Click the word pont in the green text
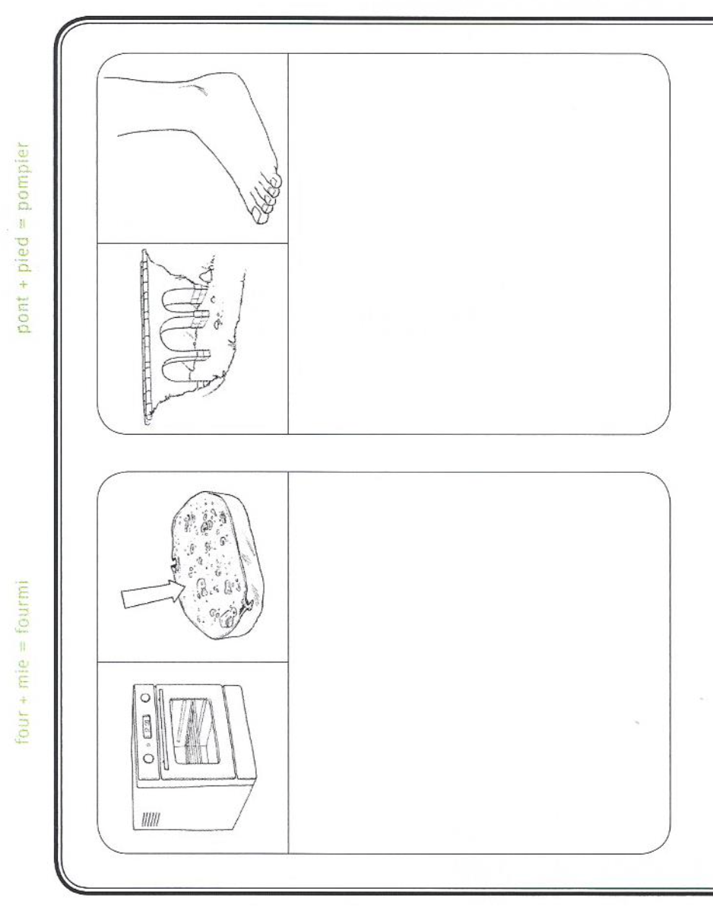[24, 315]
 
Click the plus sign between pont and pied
[24, 284]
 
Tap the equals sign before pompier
[24, 223]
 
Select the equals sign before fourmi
[24, 646]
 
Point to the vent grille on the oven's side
[151, 820]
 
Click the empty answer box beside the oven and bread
[479, 662]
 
